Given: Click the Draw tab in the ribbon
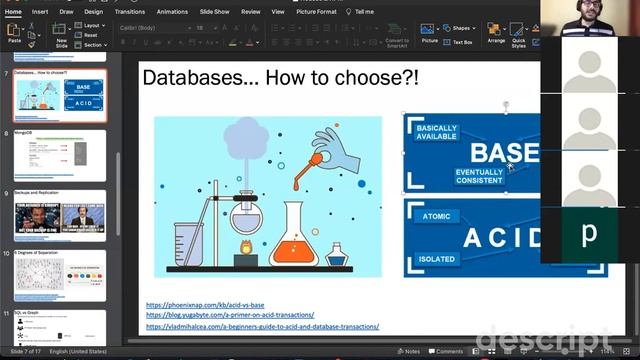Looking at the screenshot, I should tap(67, 11).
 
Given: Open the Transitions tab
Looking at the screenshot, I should tap(129, 11).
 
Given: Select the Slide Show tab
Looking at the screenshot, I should tap(215, 11).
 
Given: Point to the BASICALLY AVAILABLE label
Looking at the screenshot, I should tap(436, 134).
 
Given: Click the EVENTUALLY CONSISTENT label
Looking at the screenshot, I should tap(479, 176).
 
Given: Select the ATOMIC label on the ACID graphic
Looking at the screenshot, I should tap(436, 216).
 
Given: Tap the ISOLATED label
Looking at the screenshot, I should tap(436, 259).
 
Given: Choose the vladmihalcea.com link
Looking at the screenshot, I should tap(262, 326).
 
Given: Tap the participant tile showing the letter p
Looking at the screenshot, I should tap(589, 235).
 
